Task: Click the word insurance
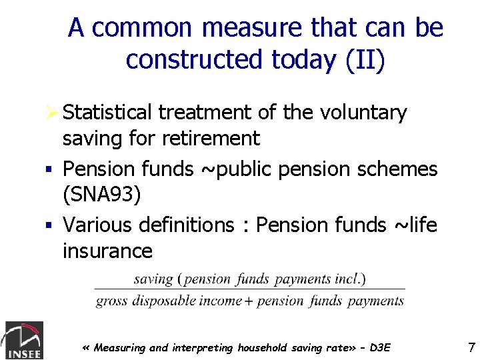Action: [107, 251]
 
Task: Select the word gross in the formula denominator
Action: [112, 301]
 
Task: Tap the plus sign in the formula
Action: [248, 301]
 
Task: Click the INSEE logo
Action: [24, 340]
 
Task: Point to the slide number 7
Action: [471, 347]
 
